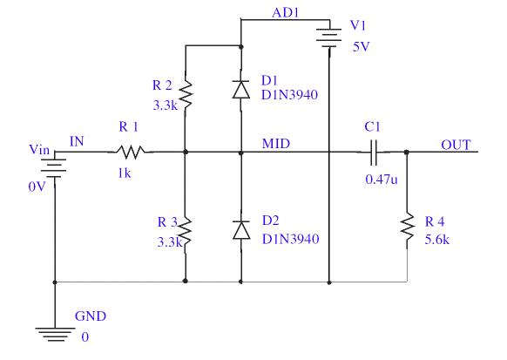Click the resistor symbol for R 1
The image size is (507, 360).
tap(131, 152)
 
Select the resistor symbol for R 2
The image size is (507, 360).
tap(186, 94)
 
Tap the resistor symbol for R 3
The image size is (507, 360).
tap(186, 232)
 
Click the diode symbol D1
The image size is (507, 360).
tap(241, 89)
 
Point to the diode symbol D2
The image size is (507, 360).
tap(241, 230)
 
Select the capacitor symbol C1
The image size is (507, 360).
tap(374, 153)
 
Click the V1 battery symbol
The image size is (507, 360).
tap(329, 37)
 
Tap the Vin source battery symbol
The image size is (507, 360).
tap(55, 168)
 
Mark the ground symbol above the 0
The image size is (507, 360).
tap(55, 335)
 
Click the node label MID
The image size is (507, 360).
tap(276, 144)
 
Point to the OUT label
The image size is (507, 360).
tap(456, 145)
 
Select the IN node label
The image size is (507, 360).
tap(77, 141)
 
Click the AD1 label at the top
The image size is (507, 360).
tap(286, 12)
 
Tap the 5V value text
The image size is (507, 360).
tap(361, 46)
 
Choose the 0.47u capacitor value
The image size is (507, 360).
tap(382, 180)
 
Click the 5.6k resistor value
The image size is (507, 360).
tap(436, 240)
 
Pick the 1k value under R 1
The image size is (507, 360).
tap(125, 173)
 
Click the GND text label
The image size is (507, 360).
tap(91, 316)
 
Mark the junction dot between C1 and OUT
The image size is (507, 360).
tap(407, 152)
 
